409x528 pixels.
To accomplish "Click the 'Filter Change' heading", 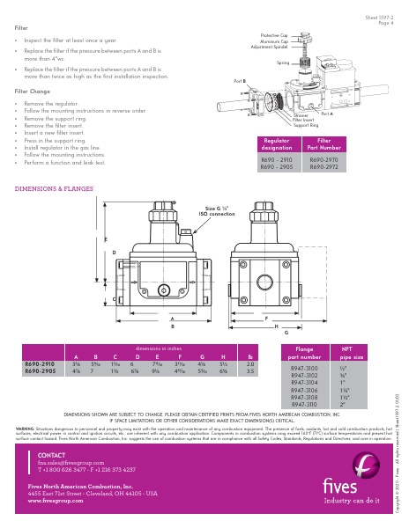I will click(33, 91).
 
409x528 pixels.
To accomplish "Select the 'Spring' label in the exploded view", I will click(282, 63).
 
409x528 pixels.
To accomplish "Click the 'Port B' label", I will click(239, 80).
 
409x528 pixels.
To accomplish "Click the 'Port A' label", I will click(326, 114).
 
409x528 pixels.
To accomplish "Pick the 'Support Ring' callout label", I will click(305, 126).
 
